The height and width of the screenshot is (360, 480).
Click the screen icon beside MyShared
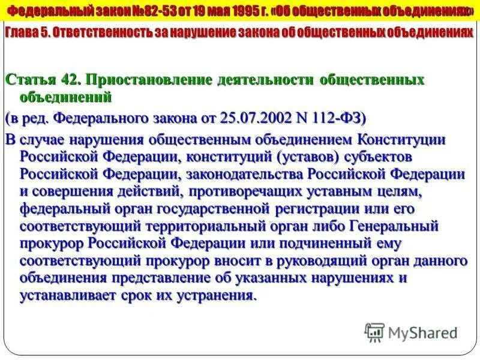coord(374,332)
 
